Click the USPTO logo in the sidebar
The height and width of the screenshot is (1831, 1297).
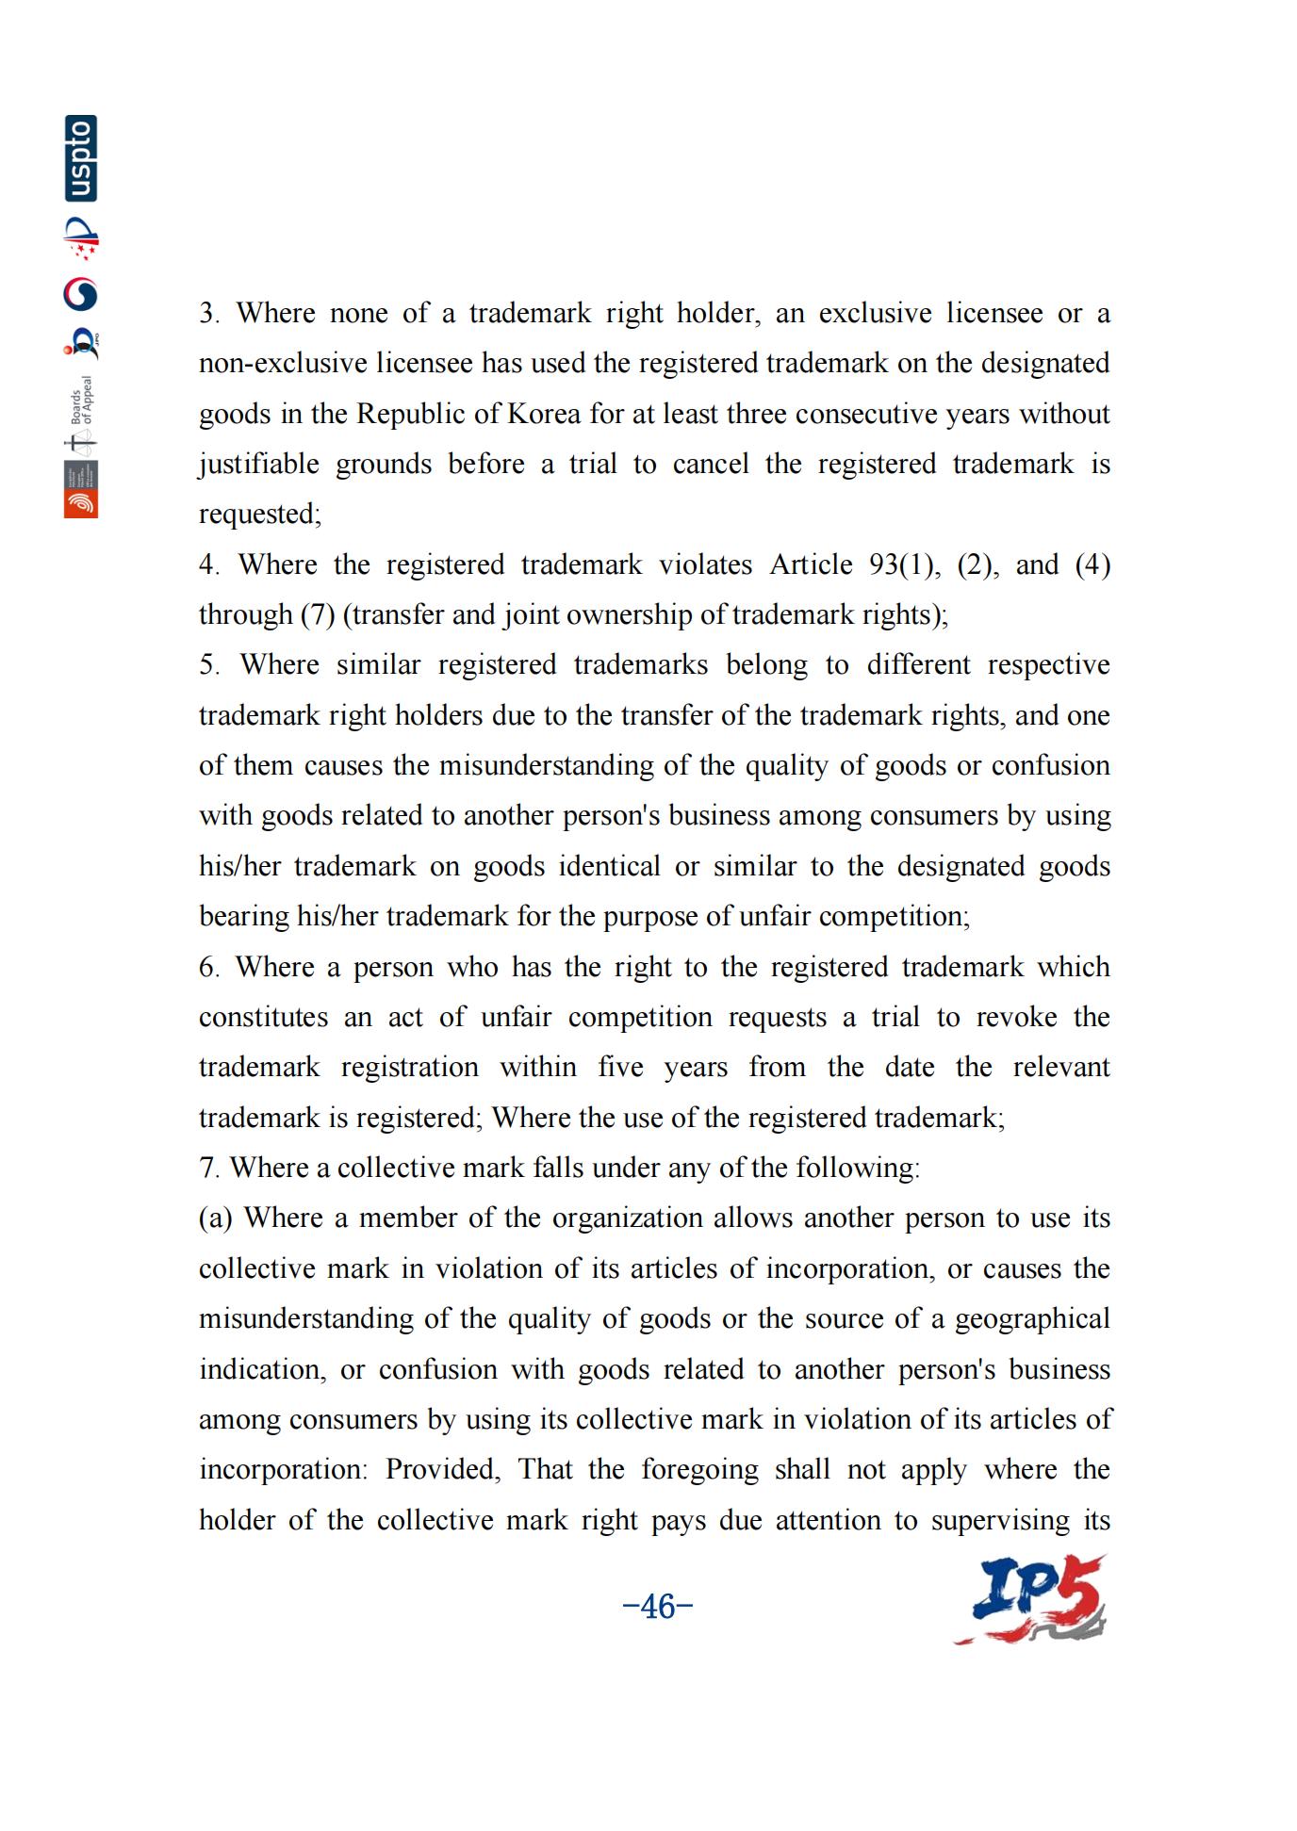click(81, 158)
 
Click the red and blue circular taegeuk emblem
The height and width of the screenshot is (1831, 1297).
click(81, 295)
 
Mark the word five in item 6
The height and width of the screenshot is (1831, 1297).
click(620, 1068)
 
